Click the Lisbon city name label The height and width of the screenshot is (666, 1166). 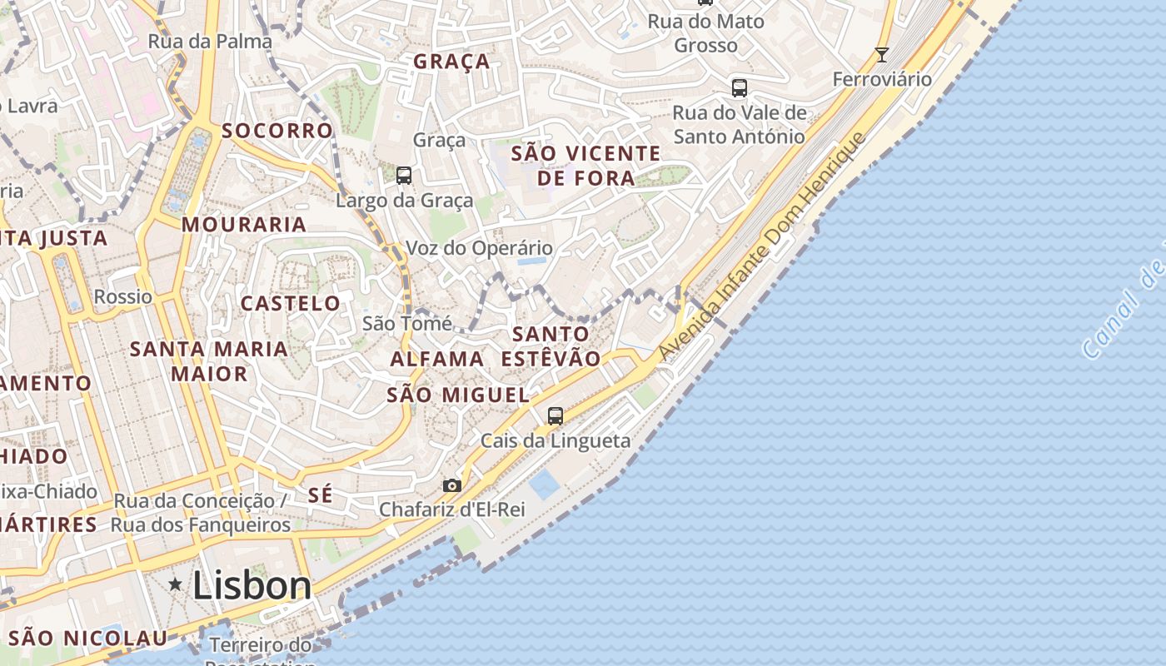[x=252, y=585]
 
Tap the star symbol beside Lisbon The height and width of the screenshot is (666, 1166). [x=175, y=584]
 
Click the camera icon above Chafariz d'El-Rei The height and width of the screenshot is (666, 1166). [x=451, y=485]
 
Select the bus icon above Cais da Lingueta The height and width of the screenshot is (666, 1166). [x=556, y=415]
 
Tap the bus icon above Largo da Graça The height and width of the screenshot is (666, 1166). [x=404, y=175]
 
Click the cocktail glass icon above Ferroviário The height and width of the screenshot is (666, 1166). [x=882, y=55]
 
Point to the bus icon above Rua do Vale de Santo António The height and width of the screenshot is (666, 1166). [x=739, y=87]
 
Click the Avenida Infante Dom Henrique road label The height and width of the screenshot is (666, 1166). [x=762, y=247]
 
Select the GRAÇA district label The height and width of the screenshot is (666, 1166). [x=451, y=62]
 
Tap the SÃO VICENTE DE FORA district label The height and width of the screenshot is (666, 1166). [x=585, y=166]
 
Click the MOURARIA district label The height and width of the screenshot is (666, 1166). [x=244, y=224]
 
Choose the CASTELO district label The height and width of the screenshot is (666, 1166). [x=291, y=303]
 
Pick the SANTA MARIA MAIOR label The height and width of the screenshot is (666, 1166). [x=209, y=360]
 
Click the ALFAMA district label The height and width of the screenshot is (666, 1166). [x=437, y=359]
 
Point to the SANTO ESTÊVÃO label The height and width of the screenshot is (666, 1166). [x=551, y=346]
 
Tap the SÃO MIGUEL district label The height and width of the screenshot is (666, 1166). [x=458, y=395]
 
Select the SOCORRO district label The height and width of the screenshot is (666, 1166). [x=277, y=131]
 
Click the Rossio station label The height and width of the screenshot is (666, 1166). [x=123, y=296]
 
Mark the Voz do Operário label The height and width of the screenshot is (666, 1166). [x=479, y=248]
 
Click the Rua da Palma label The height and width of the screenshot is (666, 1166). [x=210, y=41]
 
